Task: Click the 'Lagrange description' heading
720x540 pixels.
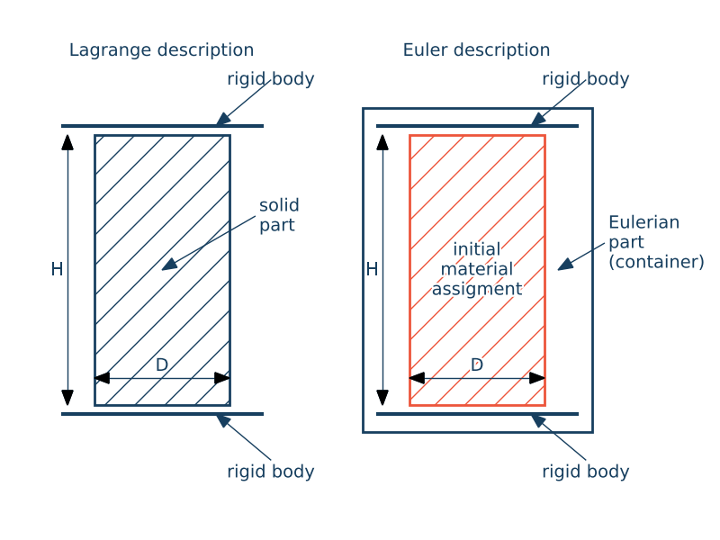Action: (161, 50)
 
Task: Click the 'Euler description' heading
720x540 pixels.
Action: (476, 50)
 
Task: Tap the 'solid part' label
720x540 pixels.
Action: (279, 215)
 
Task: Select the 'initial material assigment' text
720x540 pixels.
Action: (477, 269)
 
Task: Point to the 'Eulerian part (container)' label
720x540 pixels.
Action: (655, 242)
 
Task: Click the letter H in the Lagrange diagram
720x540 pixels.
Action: (57, 269)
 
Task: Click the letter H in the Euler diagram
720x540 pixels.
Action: (372, 269)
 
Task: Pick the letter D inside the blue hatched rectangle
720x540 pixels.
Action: (162, 364)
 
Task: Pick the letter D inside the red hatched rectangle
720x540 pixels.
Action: (477, 364)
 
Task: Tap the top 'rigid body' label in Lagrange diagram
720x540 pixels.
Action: (270, 79)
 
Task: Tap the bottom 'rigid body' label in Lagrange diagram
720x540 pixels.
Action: (270, 472)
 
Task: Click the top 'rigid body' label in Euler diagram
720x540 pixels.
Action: (585, 79)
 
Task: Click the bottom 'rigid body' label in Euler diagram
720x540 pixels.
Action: (585, 472)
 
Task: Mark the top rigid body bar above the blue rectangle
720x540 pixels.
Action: (162, 126)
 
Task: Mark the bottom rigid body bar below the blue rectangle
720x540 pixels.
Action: (162, 414)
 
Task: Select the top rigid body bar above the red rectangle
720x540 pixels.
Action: (477, 126)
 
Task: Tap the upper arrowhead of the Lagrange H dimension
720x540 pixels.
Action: (67, 141)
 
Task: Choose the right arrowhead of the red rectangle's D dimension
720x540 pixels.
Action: (537, 378)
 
